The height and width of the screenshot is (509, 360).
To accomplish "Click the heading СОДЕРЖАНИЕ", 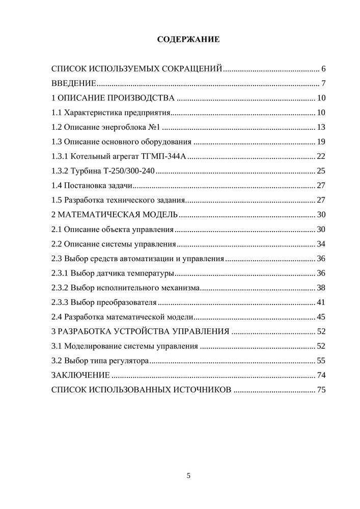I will [x=188, y=39].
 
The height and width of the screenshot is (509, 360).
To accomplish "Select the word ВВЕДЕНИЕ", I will [x=74, y=83].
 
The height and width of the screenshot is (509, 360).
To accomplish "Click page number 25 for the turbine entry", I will [x=321, y=171].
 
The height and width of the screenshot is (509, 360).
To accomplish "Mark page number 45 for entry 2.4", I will [x=321, y=317].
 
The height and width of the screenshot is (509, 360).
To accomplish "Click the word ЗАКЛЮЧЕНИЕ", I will [x=80, y=376].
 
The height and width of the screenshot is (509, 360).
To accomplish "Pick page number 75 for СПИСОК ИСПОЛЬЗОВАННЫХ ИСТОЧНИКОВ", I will [x=321, y=390].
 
